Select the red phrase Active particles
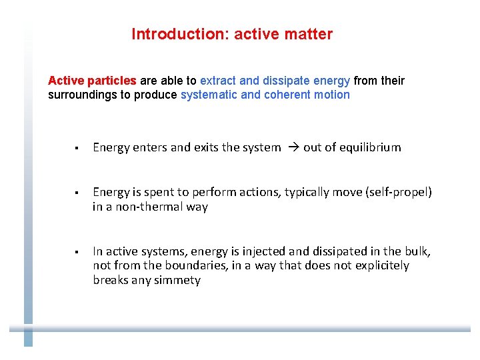[92, 81]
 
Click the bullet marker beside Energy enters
[77, 148]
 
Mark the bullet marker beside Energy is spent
[77, 193]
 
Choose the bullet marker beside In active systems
[77, 252]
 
